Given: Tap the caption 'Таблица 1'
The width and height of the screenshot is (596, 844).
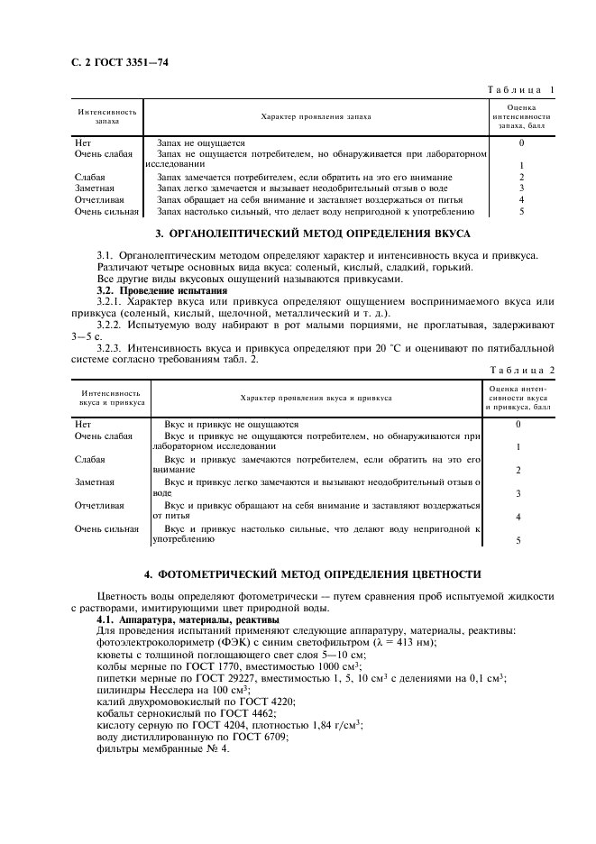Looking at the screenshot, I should (520, 90).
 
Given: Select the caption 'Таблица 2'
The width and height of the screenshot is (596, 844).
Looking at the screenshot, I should (520, 370).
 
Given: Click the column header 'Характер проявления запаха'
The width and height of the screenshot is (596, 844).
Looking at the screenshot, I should (316, 117).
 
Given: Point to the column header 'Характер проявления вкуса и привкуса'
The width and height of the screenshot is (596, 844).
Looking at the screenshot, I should (316, 397).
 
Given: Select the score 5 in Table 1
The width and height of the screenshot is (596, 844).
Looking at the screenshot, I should (521, 211).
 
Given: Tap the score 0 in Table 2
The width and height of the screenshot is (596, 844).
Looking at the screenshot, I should (518, 424).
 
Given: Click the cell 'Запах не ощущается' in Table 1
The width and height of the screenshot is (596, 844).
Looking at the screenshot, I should (201, 142).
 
